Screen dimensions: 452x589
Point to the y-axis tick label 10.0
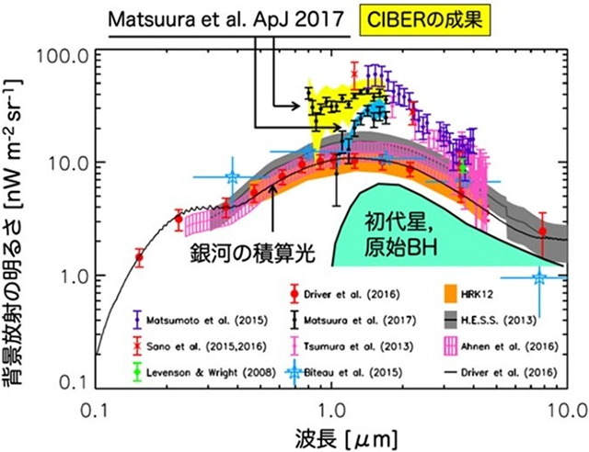(67, 164)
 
